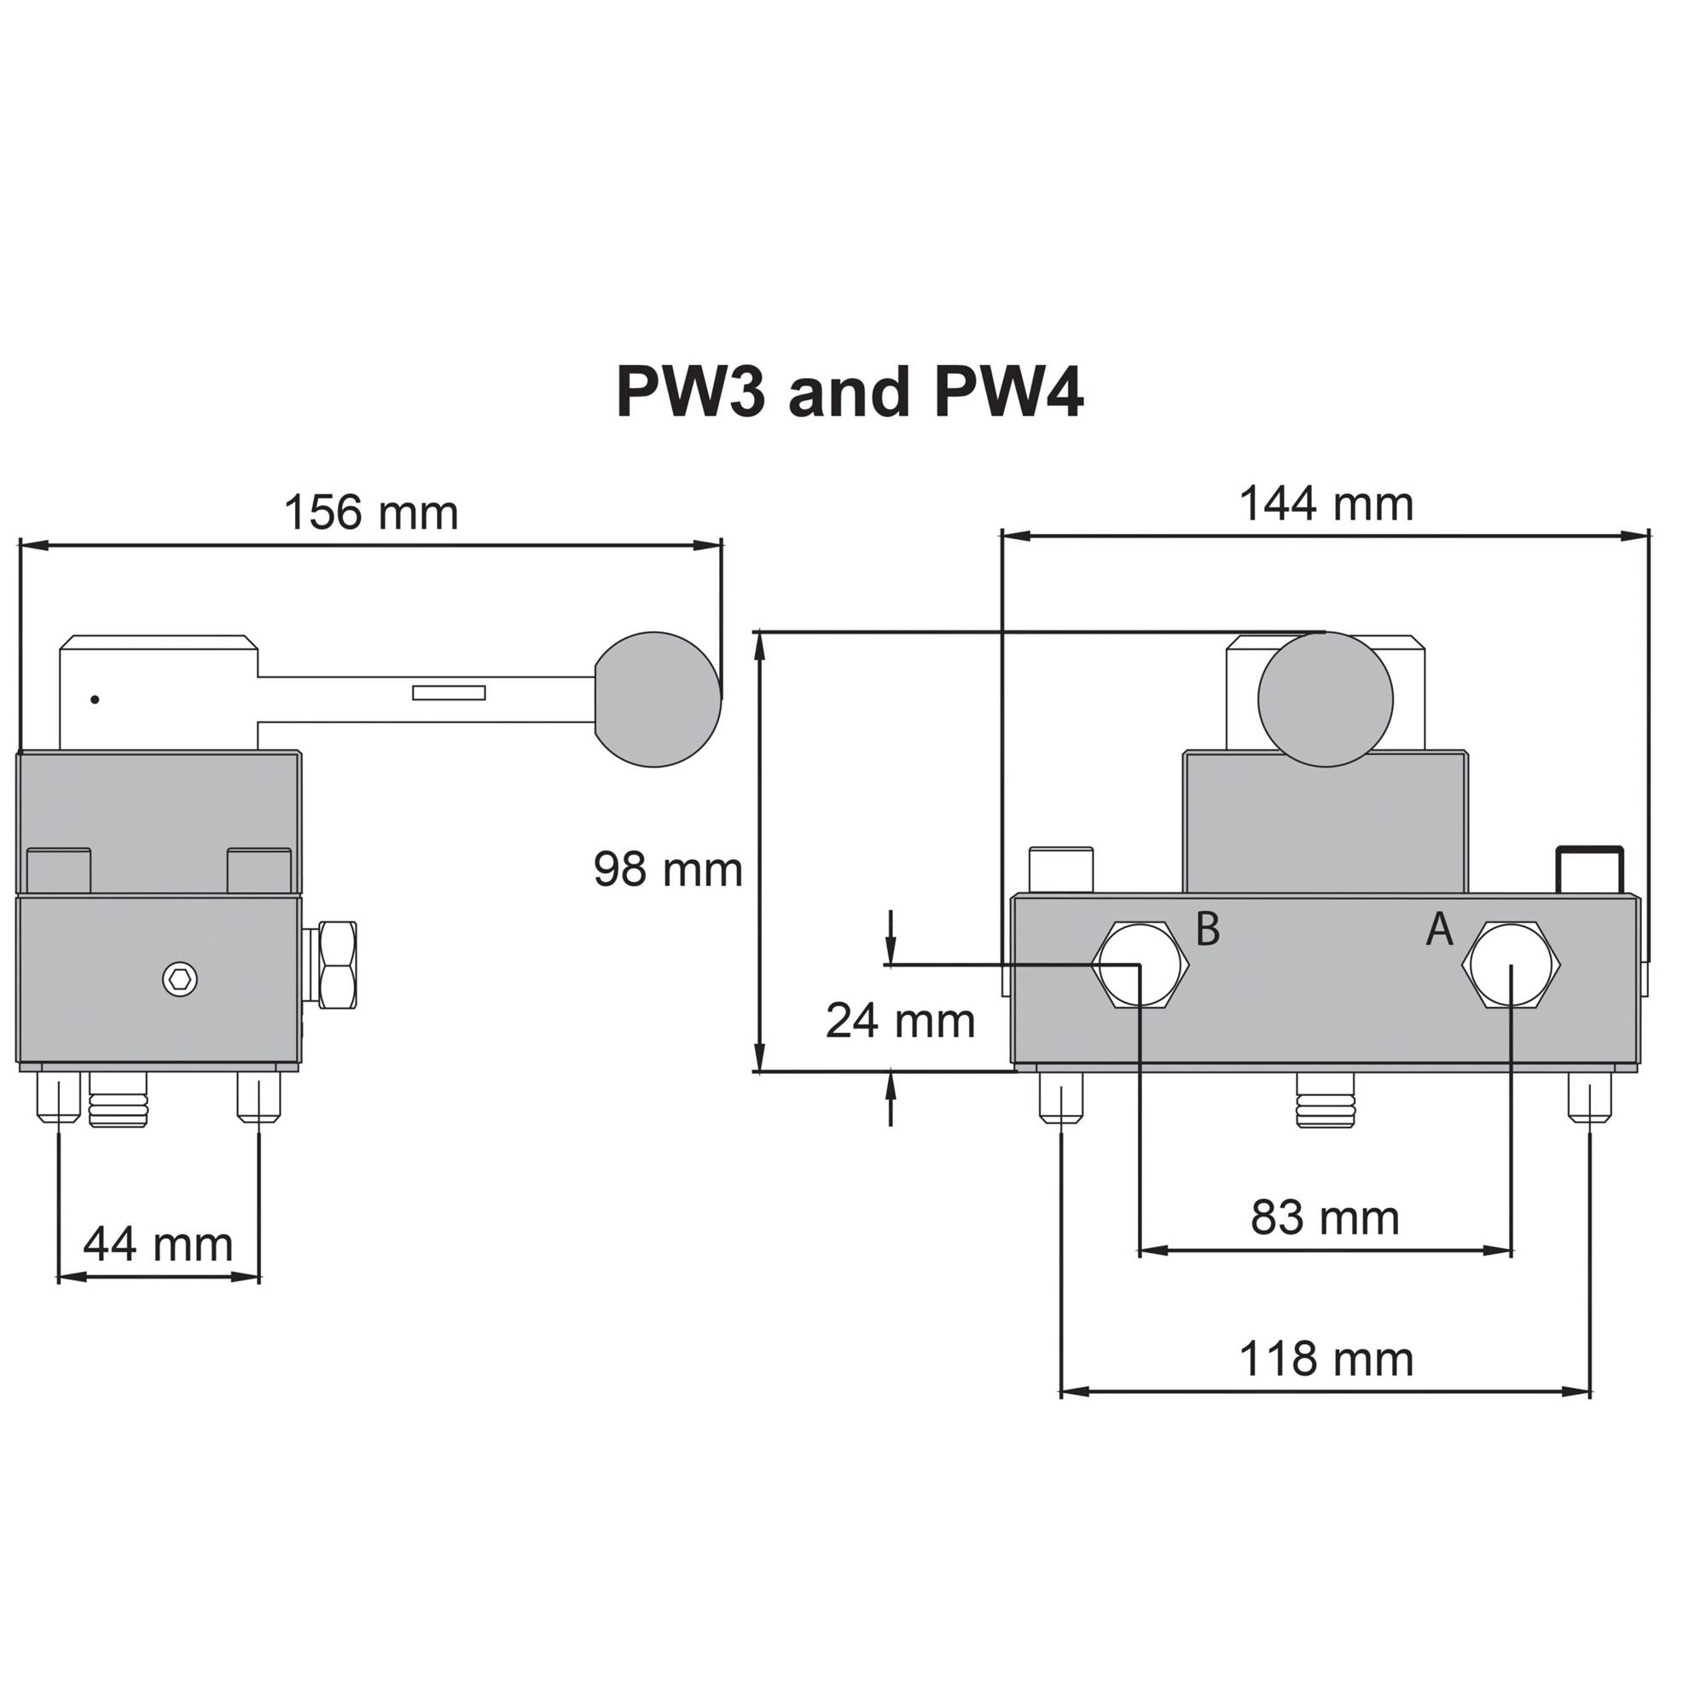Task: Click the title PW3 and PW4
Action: pos(850,393)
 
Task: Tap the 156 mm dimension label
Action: pos(371,512)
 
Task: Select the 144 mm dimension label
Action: pos(1326,504)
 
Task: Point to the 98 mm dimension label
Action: pos(668,869)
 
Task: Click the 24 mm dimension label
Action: pos(900,1021)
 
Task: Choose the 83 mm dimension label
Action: pos(1325,1218)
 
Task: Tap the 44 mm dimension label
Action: pos(158,1245)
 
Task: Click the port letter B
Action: pos(1207,929)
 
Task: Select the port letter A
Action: pos(1439,930)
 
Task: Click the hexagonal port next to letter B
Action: pos(1140,965)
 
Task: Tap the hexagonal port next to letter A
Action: pos(1511,965)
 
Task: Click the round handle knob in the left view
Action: pos(657,699)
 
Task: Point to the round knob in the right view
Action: pos(1325,699)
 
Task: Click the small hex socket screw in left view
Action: pos(180,978)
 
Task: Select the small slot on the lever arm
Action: pos(449,693)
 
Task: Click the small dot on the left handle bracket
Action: pos(95,700)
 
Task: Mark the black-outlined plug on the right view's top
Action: pos(1590,870)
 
